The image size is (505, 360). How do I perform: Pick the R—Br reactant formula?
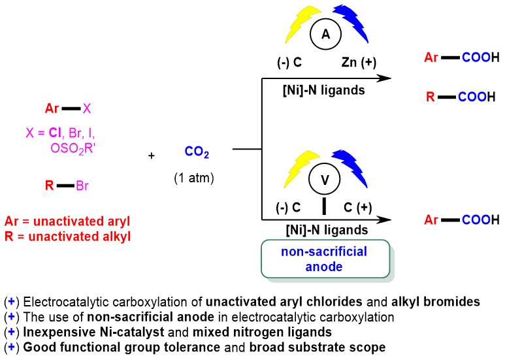(x=67, y=187)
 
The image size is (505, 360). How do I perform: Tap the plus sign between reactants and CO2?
(x=152, y=156)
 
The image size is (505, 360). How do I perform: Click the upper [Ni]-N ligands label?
(x=324, y=89)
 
